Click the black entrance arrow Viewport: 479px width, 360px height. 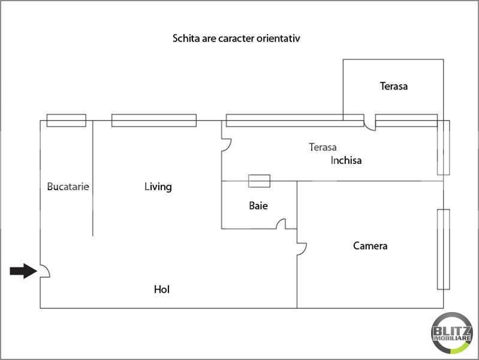(x=23, y=271)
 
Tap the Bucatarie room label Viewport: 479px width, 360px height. (x=68, y=187)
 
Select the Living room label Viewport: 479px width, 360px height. (x=158, y=187)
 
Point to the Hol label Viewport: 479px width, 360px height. (x=162, y=289)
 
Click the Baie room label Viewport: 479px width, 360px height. (x=258, y=206)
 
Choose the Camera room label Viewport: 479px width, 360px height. (x=370, y=245)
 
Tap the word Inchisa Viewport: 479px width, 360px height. (x=346, y=160)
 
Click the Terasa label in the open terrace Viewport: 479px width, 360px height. (x=393, y=86)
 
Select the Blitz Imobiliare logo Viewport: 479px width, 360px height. (x=451, y=333)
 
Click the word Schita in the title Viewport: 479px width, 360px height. (x=186, y=38)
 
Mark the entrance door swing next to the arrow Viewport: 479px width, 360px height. (x=45, y=271)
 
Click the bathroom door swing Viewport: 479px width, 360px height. (x=281, y=224)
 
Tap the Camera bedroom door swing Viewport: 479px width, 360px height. (x=302, y=249)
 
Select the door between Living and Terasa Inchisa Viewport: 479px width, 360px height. (x=227, y=145)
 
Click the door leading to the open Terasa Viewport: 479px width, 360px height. (x=370, y=126)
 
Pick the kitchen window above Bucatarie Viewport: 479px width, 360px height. (x=67, y=121)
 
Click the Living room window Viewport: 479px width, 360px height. (x=154, y=121)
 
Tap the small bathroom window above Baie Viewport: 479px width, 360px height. (x=260, y=181)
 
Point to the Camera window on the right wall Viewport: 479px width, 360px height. (x=443, y=249)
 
